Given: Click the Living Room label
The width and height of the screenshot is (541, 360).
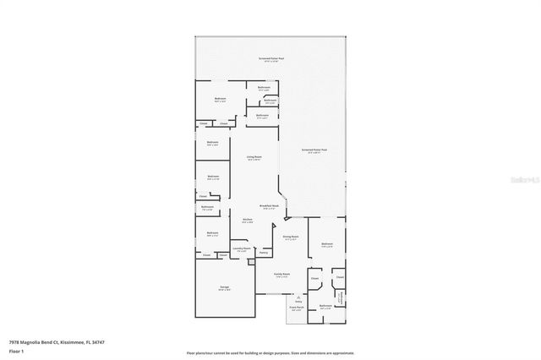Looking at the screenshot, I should click(254, 157).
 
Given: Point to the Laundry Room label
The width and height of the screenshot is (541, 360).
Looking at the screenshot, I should click(242, 248).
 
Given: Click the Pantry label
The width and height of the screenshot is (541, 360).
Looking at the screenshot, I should click(264, 253).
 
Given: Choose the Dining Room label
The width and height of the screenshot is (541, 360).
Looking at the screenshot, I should click(292, 238).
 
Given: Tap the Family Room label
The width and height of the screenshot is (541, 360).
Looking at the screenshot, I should click(281, 275).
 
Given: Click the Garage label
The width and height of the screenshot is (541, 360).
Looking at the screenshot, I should click(225, 287).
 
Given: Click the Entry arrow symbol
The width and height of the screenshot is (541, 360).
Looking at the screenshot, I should click(298, 294).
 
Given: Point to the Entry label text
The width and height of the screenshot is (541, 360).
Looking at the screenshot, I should click(298, 301).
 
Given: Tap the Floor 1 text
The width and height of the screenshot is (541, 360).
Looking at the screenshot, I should click(15, 350).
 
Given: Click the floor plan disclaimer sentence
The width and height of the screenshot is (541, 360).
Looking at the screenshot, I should click(270, 352).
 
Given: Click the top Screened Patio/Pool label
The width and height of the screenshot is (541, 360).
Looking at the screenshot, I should click(270, 58).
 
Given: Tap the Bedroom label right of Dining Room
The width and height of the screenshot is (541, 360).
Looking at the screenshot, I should click(327, 245).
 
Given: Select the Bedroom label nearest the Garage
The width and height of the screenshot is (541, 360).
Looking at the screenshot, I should click(213, 233).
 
